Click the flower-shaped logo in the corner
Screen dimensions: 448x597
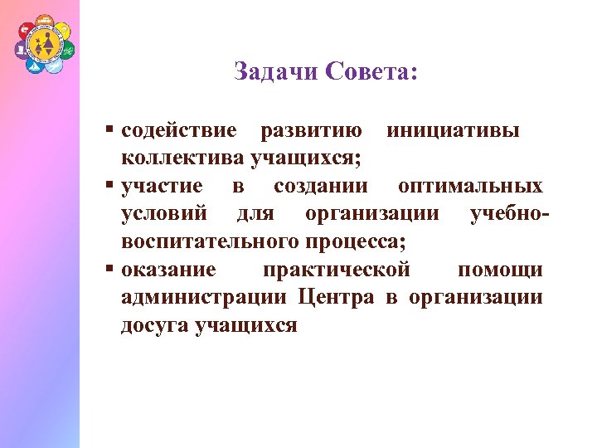pos(43,45)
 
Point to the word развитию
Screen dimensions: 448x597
pos(311,131)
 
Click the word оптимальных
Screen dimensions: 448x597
pos(470,186)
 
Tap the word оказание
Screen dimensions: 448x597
pos(169,270)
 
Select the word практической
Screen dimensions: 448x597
pos(336,270)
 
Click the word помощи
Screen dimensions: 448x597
pos(500,270)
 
